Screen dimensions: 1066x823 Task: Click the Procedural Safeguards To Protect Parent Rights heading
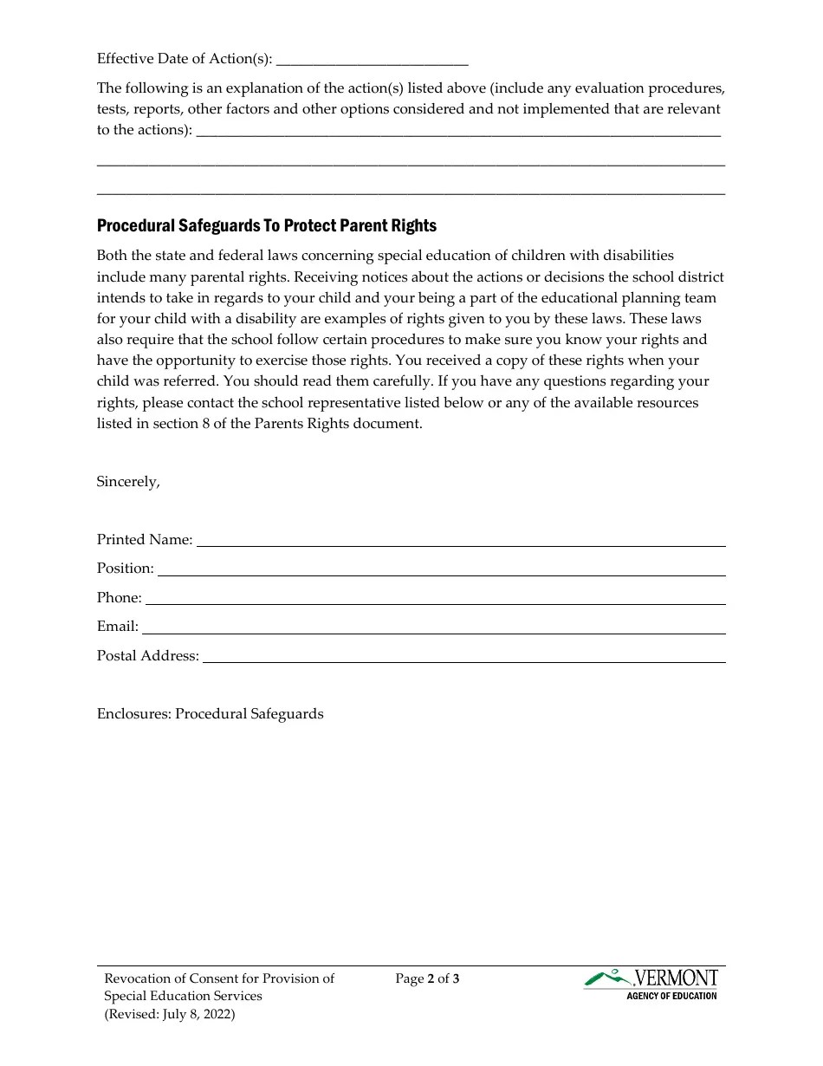267,226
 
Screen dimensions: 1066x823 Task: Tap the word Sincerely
128,482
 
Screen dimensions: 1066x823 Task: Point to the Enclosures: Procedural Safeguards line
211,714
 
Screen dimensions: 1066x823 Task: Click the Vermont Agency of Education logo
651,984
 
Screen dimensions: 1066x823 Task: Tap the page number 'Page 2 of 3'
427,979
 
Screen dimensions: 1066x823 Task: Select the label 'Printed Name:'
145,540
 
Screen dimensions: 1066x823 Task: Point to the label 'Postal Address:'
148,656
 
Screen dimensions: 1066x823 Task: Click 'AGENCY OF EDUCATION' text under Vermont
671,996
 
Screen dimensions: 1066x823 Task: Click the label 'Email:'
118,627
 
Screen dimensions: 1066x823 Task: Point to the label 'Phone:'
120,598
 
